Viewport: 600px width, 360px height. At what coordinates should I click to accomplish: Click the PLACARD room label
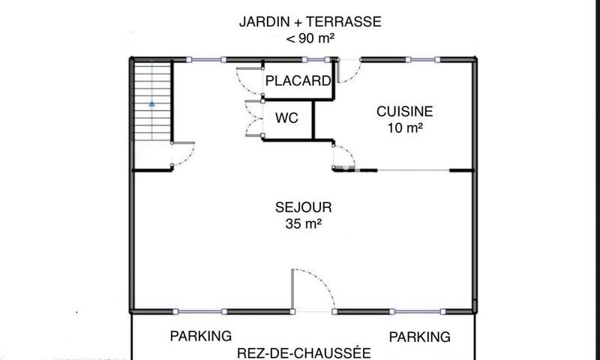coord(298,81)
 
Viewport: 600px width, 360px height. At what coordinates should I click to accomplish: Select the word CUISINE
coord(404,111)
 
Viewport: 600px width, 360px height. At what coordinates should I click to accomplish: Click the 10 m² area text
coord(404,128)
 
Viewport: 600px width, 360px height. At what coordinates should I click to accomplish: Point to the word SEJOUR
coord(303,207)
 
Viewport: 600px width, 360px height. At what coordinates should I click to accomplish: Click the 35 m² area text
coord(303,223)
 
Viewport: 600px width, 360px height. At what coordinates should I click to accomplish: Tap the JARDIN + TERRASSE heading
coord(310,22)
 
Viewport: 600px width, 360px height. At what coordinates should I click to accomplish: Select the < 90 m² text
coord(310,39)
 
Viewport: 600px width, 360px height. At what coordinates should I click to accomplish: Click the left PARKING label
coord(200,336)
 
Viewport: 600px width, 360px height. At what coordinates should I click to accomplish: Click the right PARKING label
coord(420,336)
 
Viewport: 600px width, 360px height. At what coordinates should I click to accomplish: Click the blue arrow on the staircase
coord(152,105)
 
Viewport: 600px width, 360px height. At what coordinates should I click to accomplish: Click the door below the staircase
coord(183,156)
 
